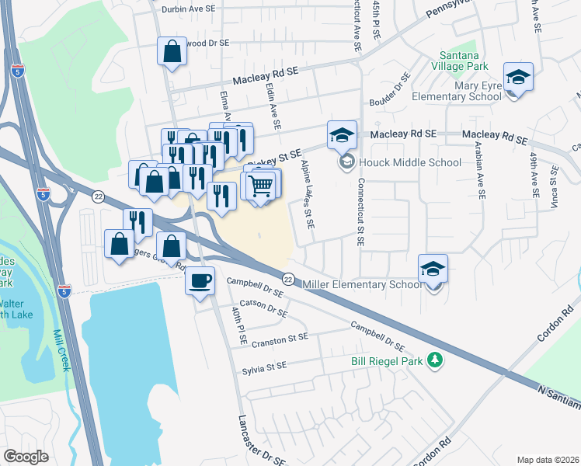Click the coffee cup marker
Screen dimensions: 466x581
[200, 279]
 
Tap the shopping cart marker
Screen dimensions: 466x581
[261, 185]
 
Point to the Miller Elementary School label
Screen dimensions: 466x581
[363, 284]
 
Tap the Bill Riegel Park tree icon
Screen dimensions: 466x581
[437, 360]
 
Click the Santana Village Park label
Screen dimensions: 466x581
[463, 61]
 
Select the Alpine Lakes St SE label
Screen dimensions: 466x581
[308, 194]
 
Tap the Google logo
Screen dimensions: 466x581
[26, 457]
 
